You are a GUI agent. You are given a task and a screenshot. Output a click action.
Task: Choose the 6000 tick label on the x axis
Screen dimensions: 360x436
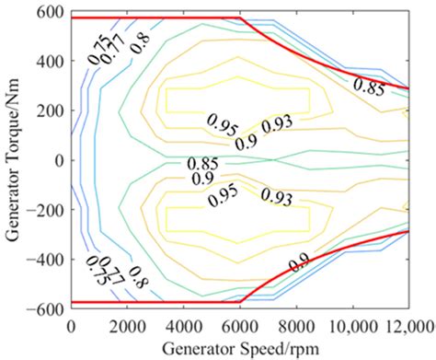[240, 325]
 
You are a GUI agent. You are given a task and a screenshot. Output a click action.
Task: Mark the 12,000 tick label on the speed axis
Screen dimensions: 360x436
[407, 325]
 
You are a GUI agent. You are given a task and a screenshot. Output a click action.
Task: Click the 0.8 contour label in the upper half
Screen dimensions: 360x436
[140, 40]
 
